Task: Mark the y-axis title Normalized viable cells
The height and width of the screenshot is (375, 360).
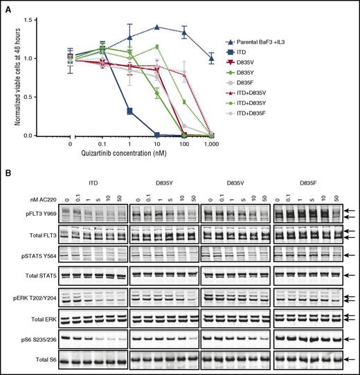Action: point(18,77)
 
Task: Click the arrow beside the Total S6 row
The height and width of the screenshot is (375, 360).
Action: point(351,360)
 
